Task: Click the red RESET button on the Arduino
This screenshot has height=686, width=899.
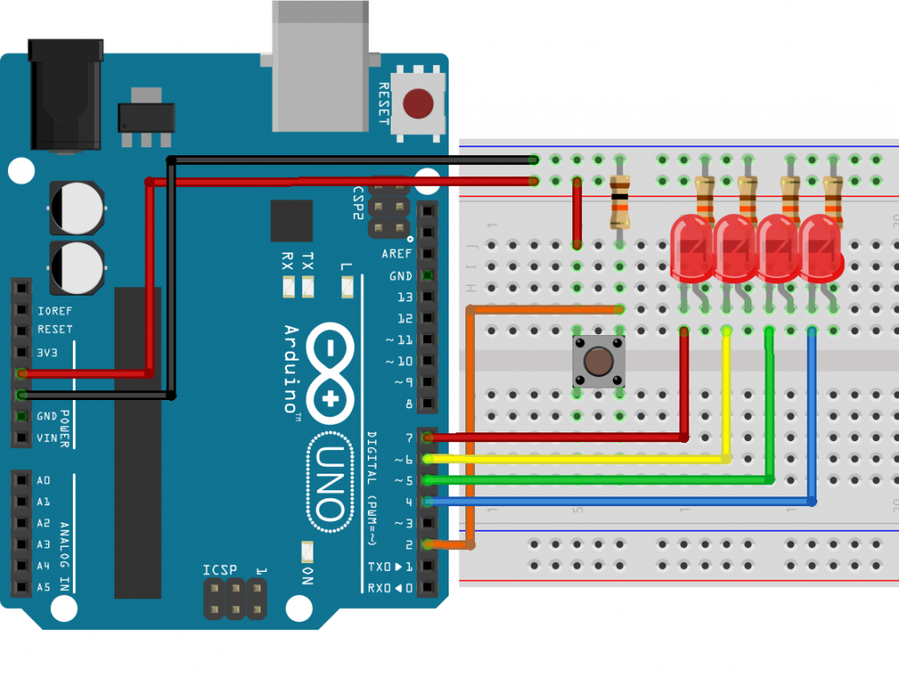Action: point(418,104)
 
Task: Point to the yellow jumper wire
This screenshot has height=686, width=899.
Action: point(579,459)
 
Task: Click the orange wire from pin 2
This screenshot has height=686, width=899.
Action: point(471,421)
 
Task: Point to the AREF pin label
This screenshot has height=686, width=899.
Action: point(397,254)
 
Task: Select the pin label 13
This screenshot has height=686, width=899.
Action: point(404,297)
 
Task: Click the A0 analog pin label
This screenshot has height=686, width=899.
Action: point(44,480)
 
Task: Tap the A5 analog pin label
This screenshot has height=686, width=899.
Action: point(44,587)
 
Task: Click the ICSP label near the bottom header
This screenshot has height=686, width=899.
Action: point(220,570)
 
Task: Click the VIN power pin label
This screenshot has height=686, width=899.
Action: point(46,438)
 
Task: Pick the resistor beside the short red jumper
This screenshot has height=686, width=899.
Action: point(620,202)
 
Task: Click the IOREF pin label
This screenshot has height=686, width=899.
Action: point(54,310)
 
